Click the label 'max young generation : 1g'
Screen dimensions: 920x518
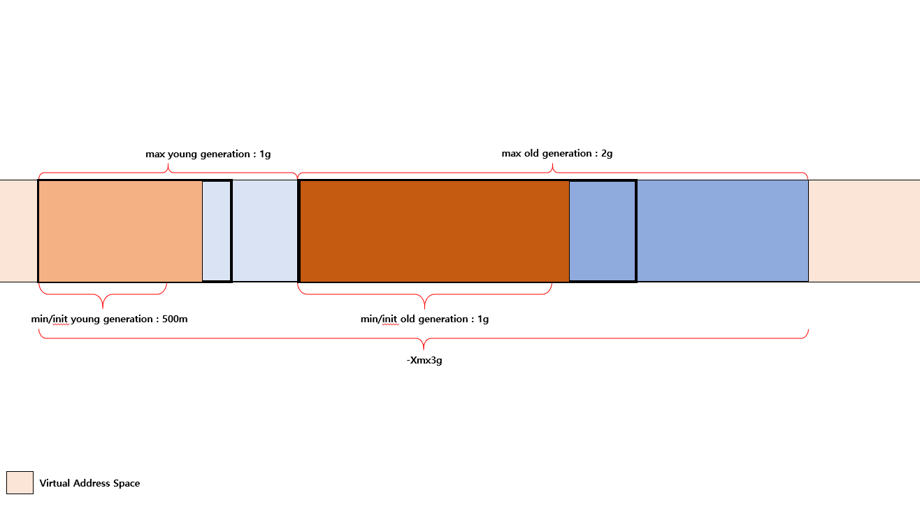click(208, 154)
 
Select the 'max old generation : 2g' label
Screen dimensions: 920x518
click(557, 154)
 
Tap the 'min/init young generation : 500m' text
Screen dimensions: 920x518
click(109, 319)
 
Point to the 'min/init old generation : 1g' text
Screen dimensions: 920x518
click(424, 319)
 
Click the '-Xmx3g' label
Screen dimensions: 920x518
click(424, 360)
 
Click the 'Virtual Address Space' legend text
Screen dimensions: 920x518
click(89, 483)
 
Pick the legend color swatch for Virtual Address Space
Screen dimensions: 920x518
click(20, 482)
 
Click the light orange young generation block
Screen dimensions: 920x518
click(120, 231)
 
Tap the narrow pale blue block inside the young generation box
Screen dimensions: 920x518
click(217, 231)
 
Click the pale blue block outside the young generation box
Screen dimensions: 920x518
click(265, 231)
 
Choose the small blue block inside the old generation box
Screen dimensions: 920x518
click(602, 231)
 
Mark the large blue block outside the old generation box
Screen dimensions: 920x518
click(723, 231)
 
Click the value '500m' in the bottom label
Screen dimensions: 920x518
click(175, 319)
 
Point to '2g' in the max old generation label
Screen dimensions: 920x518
click(607, 154)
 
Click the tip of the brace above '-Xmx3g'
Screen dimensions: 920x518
click(424, 349)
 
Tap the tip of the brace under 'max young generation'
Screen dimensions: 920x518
click(168, 164)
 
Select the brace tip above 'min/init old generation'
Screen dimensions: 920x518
click(424, 308)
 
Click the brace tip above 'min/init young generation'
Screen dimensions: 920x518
click(103, 308)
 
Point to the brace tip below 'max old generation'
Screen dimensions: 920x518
click(552, 164)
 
